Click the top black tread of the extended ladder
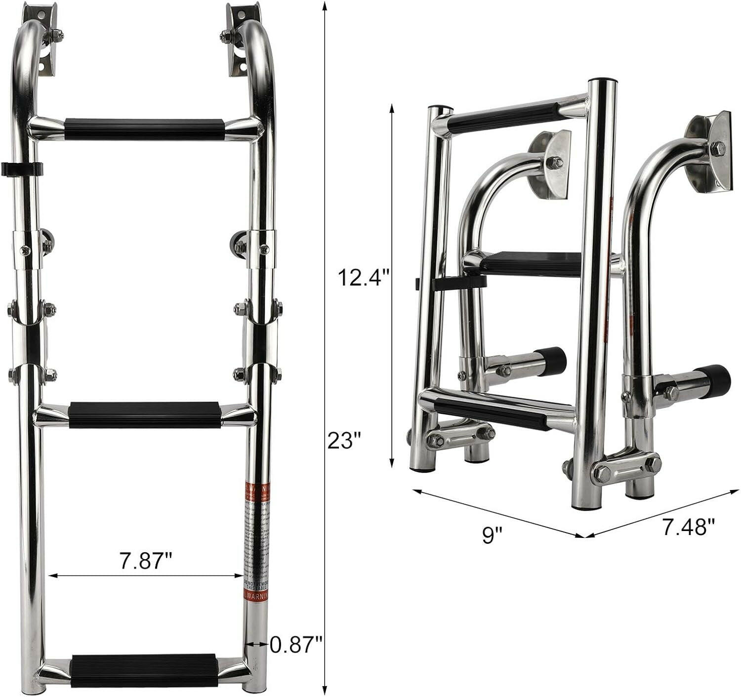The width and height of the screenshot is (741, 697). [145, 129]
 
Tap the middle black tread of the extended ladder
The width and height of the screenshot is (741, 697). [145, 414]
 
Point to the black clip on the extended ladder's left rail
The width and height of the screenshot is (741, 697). [22, 169]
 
